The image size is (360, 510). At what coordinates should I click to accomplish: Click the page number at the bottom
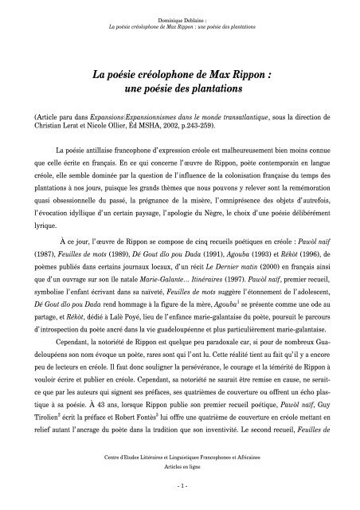pyautogui.click(x=179, y=486)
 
